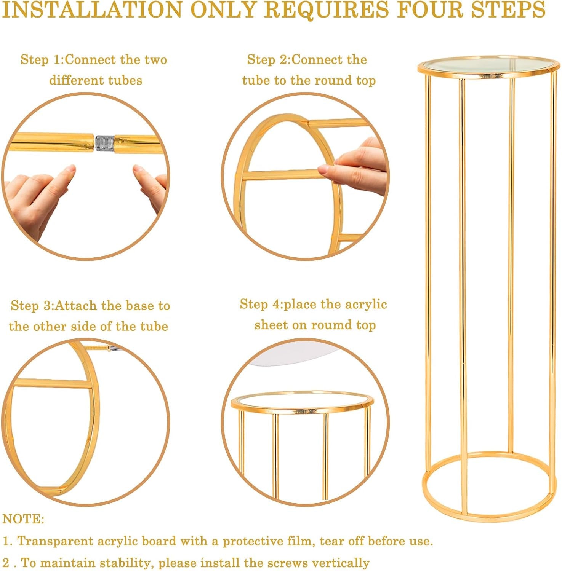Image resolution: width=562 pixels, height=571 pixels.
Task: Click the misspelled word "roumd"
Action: (x=331, y=325)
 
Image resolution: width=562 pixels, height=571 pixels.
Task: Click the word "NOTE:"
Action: (x=24, y=519)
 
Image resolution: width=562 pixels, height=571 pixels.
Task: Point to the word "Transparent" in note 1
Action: (x=55, y=541)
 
